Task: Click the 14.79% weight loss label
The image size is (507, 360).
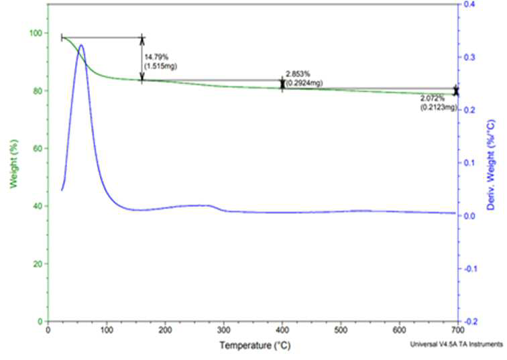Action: click(x=156, y=57)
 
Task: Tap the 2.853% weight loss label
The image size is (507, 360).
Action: click(x=298, y=74)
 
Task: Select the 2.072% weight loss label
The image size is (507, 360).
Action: click(x=433, y=99)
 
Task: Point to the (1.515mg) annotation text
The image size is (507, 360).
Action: click(x=161, y=66)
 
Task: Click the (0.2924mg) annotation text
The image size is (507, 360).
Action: click(x=304, y=83)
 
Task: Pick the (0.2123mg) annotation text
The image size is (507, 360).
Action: click(x=439, y=107)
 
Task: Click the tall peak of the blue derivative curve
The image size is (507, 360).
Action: click(x=81, y=45)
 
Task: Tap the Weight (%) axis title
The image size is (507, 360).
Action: click(x=13, y=164)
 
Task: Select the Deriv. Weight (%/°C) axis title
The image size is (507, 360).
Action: click(x=491, y=166)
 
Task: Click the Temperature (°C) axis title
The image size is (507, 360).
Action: click(x=255, y=345)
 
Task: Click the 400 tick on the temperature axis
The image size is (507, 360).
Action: click(x=282, y=330)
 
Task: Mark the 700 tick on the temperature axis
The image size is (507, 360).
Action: click(x=458, y=330)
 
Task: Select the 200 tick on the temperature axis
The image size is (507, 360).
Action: click(x=165, y=330)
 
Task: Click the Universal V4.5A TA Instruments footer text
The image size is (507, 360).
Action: click(x=457, y=345)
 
